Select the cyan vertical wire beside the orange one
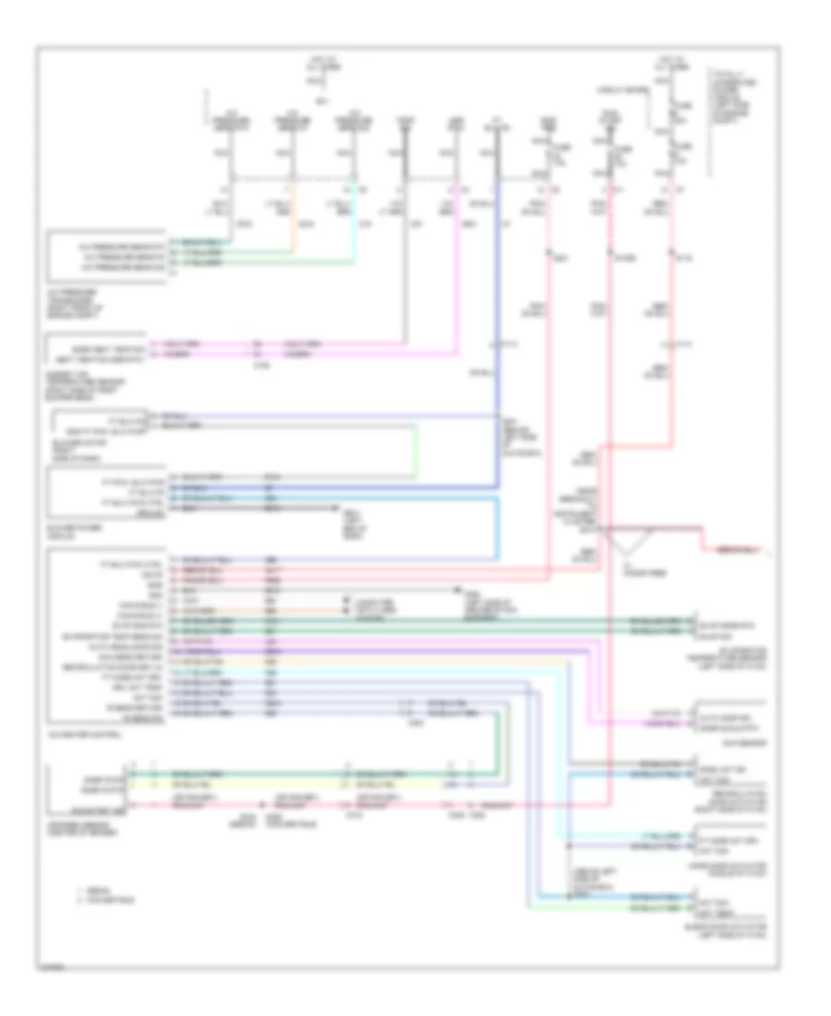pos(353,222)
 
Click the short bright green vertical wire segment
pos(415,453)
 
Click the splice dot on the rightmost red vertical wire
pos(673,250)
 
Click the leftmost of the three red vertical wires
pos(551,369)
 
